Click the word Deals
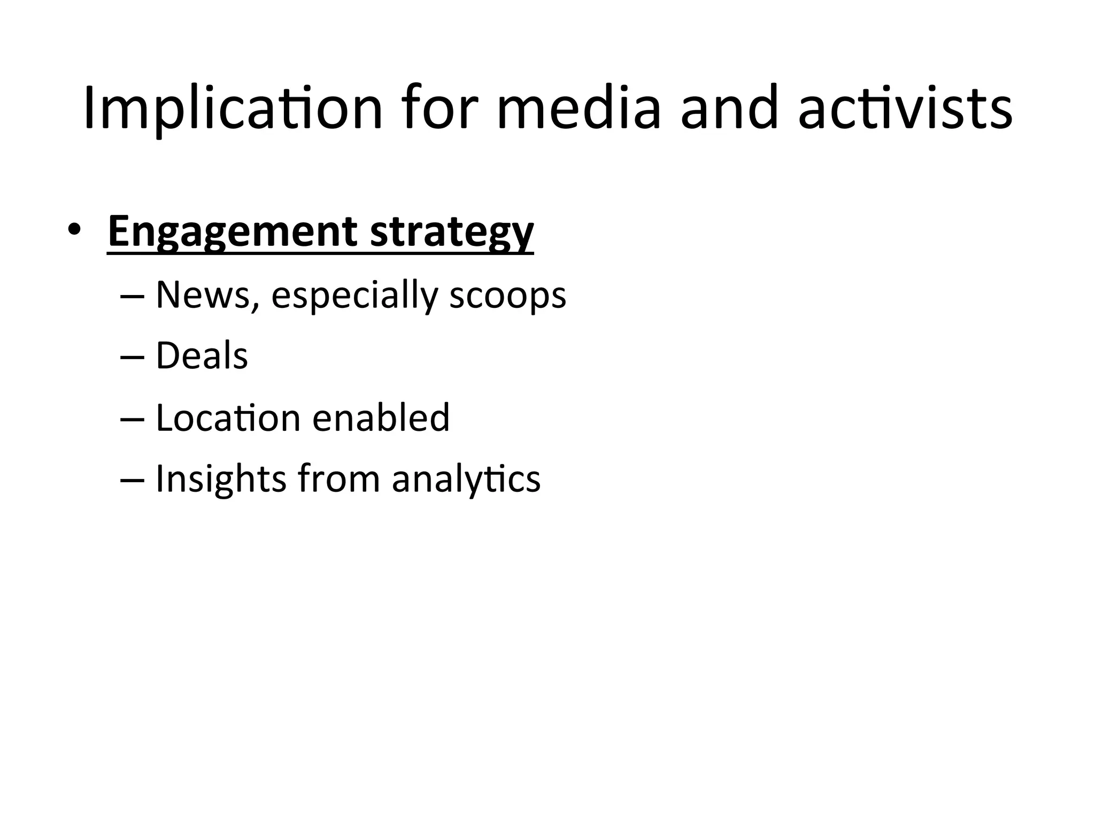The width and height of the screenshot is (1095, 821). (202, 355)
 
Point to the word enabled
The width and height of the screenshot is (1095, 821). (381, 417)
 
